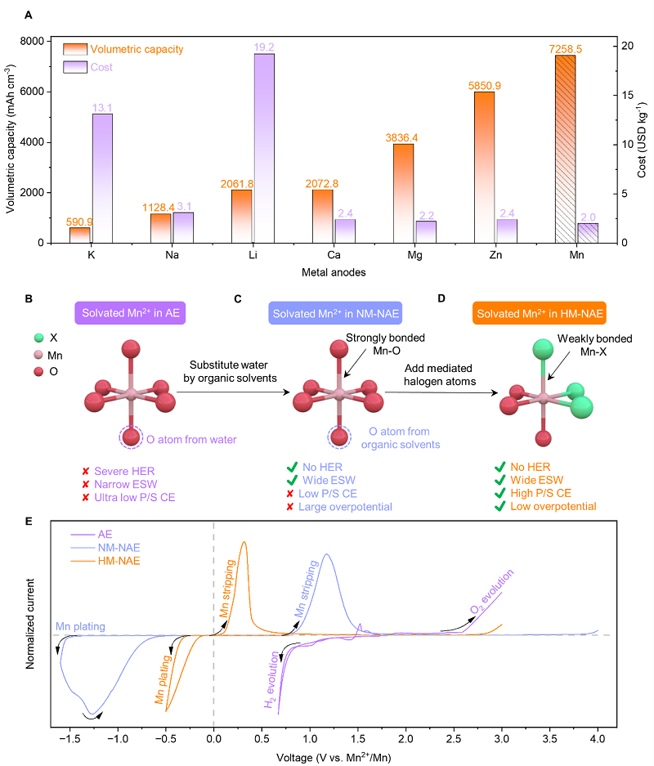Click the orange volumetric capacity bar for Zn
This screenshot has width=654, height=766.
tap(484, 167)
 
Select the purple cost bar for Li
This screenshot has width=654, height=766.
tap(264, 148)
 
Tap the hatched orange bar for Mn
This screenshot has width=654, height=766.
tap(565, 149)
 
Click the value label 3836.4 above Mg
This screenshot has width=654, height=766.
tap(401, 138)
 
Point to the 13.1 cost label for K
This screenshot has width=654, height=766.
tap(102, 107)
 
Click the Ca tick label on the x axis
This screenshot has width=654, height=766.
tap(334, 255)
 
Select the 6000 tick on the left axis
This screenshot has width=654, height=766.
tap(32, 92)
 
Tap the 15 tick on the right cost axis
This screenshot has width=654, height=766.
tap(627, 95)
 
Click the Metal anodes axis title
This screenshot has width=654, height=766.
tap(334, 272)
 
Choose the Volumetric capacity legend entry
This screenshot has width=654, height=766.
tap(123, 49)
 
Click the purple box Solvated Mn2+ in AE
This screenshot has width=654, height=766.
tap(131, 313)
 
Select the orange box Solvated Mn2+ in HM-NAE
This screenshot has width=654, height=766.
tap(540, 314)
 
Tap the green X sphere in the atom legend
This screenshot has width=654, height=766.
tap(39, 338)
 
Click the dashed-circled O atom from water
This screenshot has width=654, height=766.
tap(131, 437)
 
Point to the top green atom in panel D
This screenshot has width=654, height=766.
tap(543, 350)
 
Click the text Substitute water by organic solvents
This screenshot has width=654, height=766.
tap(230, 371)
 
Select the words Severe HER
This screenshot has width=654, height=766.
tap(124, 472)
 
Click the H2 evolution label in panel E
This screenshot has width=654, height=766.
tap(271, 679)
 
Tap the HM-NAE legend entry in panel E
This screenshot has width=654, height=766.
tap(105, 561)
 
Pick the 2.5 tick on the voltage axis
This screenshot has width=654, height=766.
tap(453, 739)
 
